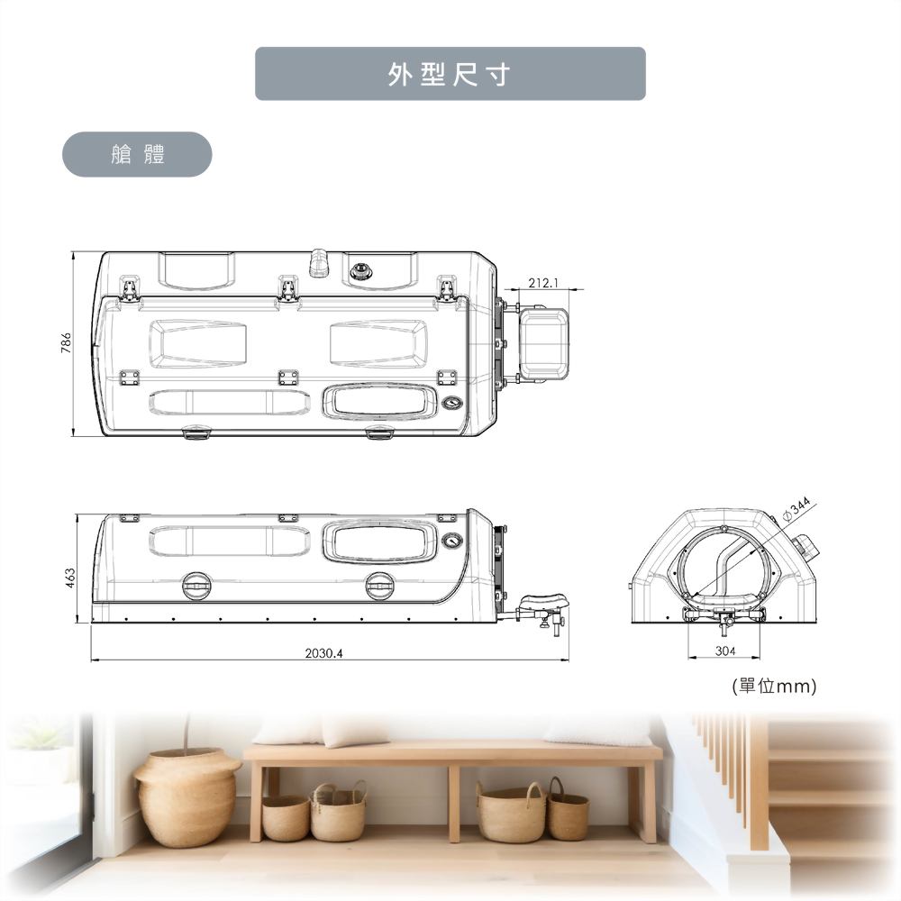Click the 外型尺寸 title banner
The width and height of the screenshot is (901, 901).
pos(450,74)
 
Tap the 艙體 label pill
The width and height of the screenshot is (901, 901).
pos(137,154)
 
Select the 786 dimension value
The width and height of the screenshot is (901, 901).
pos(66,342)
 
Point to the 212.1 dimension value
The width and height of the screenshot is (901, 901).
pos(543,283)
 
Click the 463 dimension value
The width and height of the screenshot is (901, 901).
pos(70,578)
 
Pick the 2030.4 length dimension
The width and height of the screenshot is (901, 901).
pos(323,652)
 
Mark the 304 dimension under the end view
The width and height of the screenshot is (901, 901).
pos(725,651)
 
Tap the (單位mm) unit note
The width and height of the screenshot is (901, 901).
pos(774,686)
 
